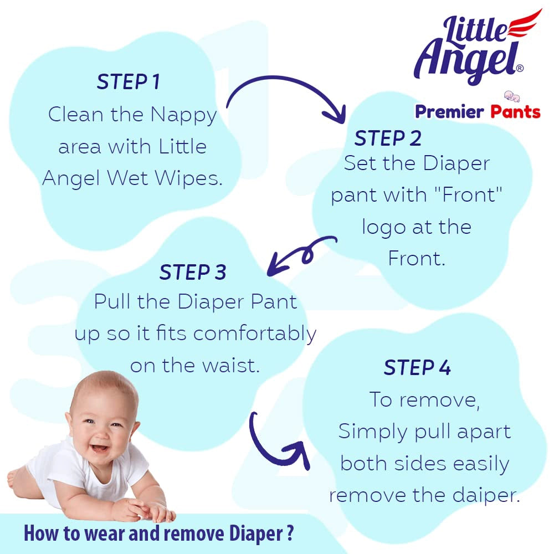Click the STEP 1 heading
click(128, 82)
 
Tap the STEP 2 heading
click(388, 138)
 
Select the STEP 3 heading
click(193, 273)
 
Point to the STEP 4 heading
click(417, 368)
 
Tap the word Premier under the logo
click(449, 112)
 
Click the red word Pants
click(515, 112)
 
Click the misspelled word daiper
click(486, 495)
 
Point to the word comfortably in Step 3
click(255, 334)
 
